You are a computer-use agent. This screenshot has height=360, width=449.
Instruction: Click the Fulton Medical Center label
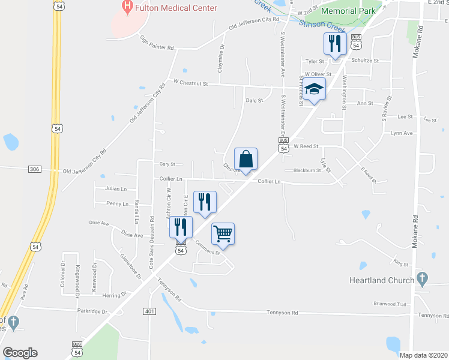point(176,8)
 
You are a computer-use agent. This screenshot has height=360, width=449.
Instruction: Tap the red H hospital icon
point(127,8)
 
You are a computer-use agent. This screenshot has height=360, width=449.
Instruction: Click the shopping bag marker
point(246,160)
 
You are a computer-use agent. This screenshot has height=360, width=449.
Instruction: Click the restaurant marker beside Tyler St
point(334,44)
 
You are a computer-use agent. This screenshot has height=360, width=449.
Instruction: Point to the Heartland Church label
point(381,280)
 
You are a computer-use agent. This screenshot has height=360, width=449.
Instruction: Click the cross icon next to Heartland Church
point(422,279)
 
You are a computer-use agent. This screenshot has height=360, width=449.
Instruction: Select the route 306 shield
point(34,170)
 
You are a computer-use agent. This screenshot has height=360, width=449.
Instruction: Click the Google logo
point(20,352)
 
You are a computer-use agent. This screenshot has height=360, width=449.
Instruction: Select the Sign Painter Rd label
point(157,43)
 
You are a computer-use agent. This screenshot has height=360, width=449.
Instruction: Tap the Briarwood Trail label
point(390,304)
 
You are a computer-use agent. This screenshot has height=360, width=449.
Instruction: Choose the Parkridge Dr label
point(92,311)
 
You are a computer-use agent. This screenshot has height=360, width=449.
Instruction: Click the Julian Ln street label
point(116,188)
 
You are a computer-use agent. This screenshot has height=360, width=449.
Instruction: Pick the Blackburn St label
point(308,170)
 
